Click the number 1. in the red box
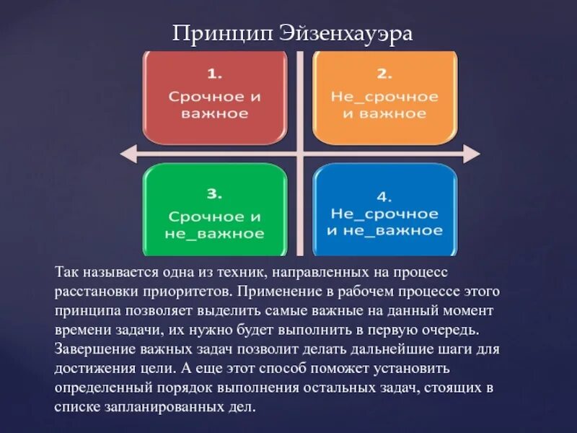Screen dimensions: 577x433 coord(216,74)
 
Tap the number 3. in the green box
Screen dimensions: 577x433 coord(216,193)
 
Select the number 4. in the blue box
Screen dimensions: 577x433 coord(384,196)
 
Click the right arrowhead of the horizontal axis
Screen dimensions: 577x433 coord(472,153)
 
